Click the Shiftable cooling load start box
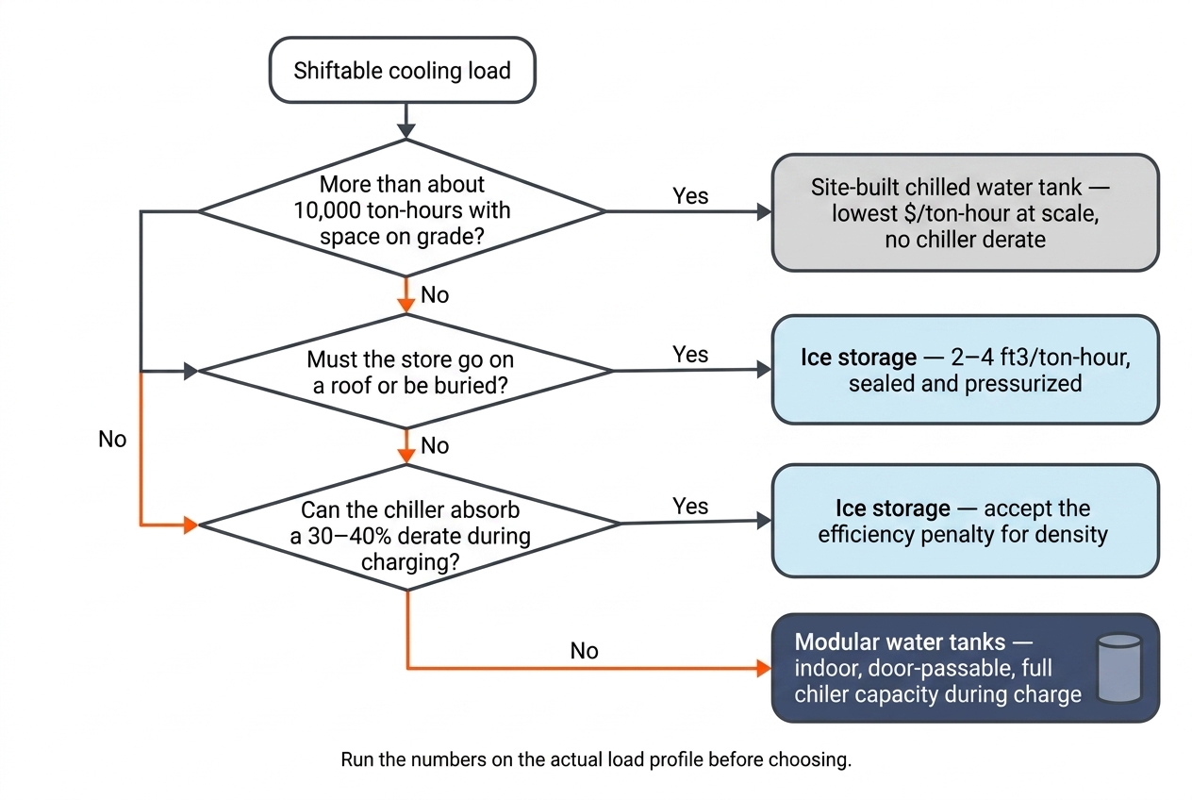point(403,70)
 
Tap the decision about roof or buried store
point(406,372)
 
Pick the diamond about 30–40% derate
point(408,527)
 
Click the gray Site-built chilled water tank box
point(966,213)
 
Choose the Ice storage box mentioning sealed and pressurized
point(966,370)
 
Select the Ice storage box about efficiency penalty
point(966,521)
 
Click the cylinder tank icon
point(1119,668)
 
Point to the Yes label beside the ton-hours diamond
point(690,196)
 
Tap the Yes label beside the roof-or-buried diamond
point(690,354)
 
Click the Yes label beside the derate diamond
point(690,506)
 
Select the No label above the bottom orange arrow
point(585,650)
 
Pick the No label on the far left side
point(112,439)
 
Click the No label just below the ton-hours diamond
point(435,294)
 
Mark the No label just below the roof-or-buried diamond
point(435,445)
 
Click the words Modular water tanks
point(900,642)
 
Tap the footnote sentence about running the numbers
point(596,759)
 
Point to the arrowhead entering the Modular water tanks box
point(764,668)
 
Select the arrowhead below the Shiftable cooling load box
point(406,131)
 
